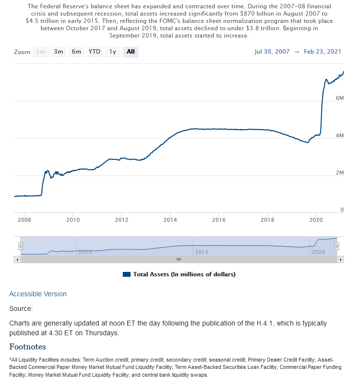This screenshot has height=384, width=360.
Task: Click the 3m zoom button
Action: [x=58, y=52]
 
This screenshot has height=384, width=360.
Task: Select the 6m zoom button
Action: [x=76, y=52]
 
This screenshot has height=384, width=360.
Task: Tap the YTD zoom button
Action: [x=95, y=52]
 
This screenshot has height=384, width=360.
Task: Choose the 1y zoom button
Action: [x=113, y=52]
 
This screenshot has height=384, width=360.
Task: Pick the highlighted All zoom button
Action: [x=131, y=52]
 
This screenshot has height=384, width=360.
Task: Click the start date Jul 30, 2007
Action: [x=272, y=52]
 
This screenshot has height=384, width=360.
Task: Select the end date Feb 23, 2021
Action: [x=322, y=52]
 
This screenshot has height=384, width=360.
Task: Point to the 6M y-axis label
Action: [x=340, y=98]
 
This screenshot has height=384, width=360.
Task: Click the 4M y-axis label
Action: [x=340, y=135]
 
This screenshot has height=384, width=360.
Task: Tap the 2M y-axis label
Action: [x=340, y=173]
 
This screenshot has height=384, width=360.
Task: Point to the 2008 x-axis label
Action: [x=24, y=220]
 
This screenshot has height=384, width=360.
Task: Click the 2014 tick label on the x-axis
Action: [x=170, y=220]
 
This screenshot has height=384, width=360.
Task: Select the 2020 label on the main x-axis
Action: [x=316, y=220]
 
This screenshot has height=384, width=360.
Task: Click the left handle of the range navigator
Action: [x=21, y=246]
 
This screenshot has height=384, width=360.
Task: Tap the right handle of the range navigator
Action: [x=337, y=246]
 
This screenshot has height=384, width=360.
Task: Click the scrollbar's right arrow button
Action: [x=341, y=260]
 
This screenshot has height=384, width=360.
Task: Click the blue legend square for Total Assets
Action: [x=127, y=274]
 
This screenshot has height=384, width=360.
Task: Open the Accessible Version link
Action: [x=38, y=294]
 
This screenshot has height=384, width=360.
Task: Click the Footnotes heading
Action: [x=28, y=347]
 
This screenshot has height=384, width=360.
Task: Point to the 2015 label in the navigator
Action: [x=202, y=252]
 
